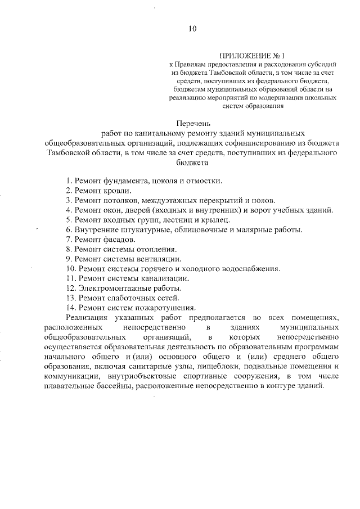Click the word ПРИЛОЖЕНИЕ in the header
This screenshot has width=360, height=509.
[242, 56]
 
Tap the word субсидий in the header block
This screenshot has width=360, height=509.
[322, 65]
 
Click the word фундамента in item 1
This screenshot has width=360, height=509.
[121, 181]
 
